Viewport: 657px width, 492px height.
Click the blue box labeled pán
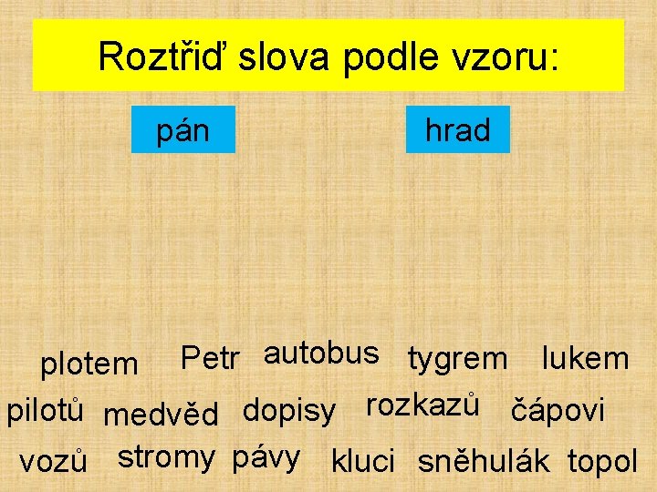[x=183, y=130]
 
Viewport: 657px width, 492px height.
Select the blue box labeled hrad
[x=457, y=130]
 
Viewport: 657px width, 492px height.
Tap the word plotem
[x=89, y=364]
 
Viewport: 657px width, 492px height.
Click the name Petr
[x=210, y=358]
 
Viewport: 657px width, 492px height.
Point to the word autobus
[x=320, y=353]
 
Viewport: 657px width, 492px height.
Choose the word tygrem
[x=457, y=359]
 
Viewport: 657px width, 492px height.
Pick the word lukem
[x=585, y=358]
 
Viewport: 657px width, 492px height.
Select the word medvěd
[x=161, y=415]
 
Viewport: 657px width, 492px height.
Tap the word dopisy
[x=288, y=411]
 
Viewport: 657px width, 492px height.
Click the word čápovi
[x=557, y=411]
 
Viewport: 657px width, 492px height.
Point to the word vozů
[x=53, y=461]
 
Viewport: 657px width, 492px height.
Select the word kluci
[x=362, y=461]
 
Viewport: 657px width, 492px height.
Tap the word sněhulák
[x=484, y=461]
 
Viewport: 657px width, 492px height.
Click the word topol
[x=602, y=461]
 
